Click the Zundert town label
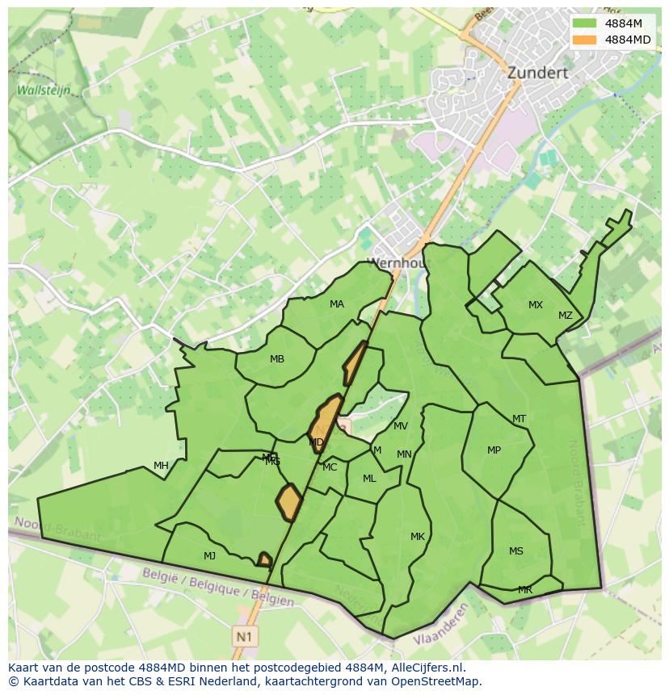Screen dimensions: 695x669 pos(537,73)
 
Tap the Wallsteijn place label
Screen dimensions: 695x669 pos(44,90)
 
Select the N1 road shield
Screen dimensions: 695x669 pos(243,636)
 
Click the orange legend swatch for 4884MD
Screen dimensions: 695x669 pos(585,40)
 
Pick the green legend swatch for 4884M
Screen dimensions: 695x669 pos(585,23)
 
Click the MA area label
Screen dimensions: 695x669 pos(337,304)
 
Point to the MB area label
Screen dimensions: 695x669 pos(277,359)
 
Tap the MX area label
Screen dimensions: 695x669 pos(536,305)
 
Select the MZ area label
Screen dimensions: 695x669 pos(565,316)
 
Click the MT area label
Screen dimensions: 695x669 pos(519,419)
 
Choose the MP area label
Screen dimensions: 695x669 pos(494,450)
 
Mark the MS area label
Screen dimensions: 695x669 pos(515,551)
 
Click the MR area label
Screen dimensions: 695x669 pos(525,590)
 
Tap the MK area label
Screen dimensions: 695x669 pos(417,537)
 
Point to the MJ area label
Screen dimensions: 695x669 pos(209,556)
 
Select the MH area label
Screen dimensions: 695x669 pos(161,466)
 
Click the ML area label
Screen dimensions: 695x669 pos(369,479)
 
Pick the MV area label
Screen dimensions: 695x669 pos(401,426)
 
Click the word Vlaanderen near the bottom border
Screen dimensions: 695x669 pos(441,630)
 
